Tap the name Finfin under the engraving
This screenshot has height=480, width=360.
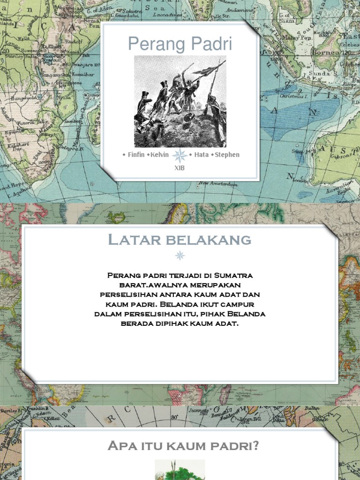tap(136, 155)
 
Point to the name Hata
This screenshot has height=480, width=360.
tap(201, 155)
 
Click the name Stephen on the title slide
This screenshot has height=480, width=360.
tap(227, 155)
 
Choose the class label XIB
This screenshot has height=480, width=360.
tap(180, 168)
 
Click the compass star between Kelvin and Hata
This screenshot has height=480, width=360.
tap(180, 155)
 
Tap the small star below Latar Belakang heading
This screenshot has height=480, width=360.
tap(180, 255)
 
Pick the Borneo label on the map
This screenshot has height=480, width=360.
tap(330, 52)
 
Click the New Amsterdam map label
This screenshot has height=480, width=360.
tap(216, 184)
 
